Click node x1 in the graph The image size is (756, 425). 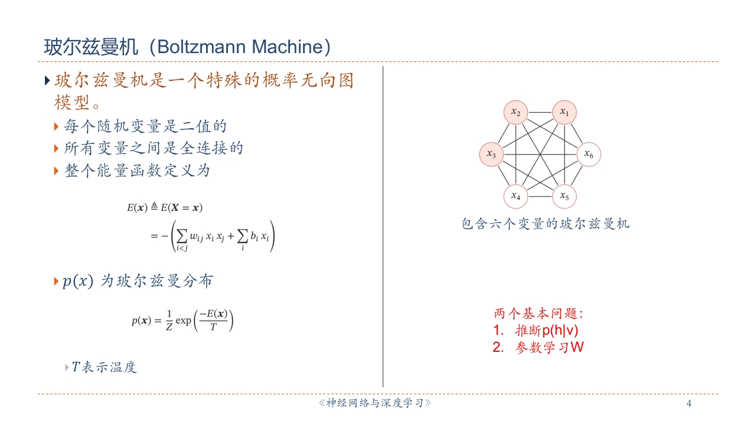click(x=564, y=112)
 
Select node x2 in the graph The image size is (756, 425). click(x=516, y=112)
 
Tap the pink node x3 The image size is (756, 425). click(x=491, y=154)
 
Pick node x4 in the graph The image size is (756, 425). click(x=516, y=196)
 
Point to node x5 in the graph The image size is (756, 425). click(x=564, y=196)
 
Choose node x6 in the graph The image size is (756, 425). click(x=588, y=154)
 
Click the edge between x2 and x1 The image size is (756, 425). click(x=540, y=112)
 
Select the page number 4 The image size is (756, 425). click(x=689, y=404)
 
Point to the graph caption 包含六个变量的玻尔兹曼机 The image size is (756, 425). click(x=545, y=224)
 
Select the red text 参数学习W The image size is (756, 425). click(x=549, y=347)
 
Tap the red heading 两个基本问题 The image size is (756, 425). click(x=538, y=313)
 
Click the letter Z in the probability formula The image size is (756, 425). click(x=168, y=327)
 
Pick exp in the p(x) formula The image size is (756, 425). click(x=184, y=321)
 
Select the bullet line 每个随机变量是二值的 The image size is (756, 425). click(x=145, y=126)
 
